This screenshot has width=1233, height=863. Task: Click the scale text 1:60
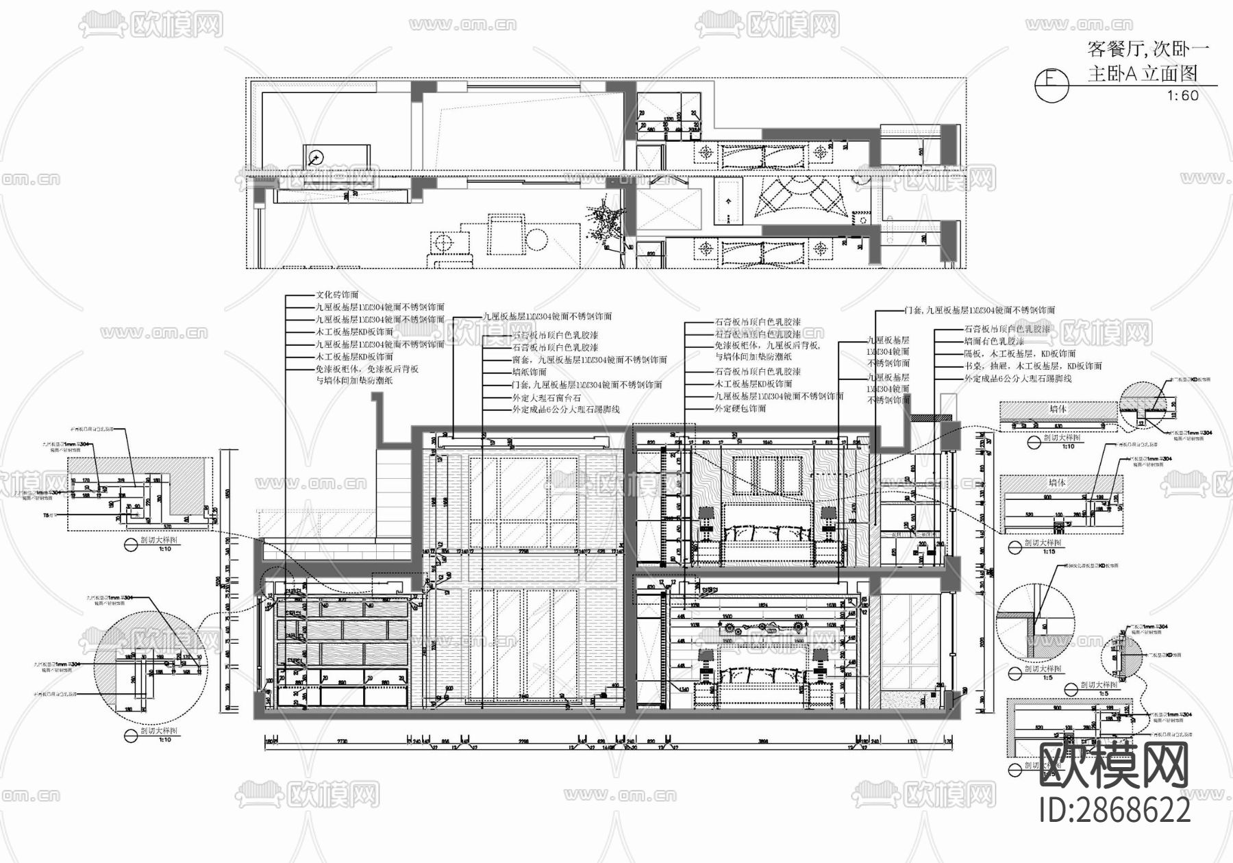pos(1183,96)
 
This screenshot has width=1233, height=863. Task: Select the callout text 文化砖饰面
pos(336,295)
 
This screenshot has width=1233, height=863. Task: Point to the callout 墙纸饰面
pos(529,372)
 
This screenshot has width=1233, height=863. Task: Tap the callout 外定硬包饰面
pos(740,409)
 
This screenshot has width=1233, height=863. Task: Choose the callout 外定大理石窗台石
pos(546,397)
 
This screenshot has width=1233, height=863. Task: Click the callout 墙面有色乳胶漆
pos(994,341)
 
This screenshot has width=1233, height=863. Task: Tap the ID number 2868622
pos(1114,811)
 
